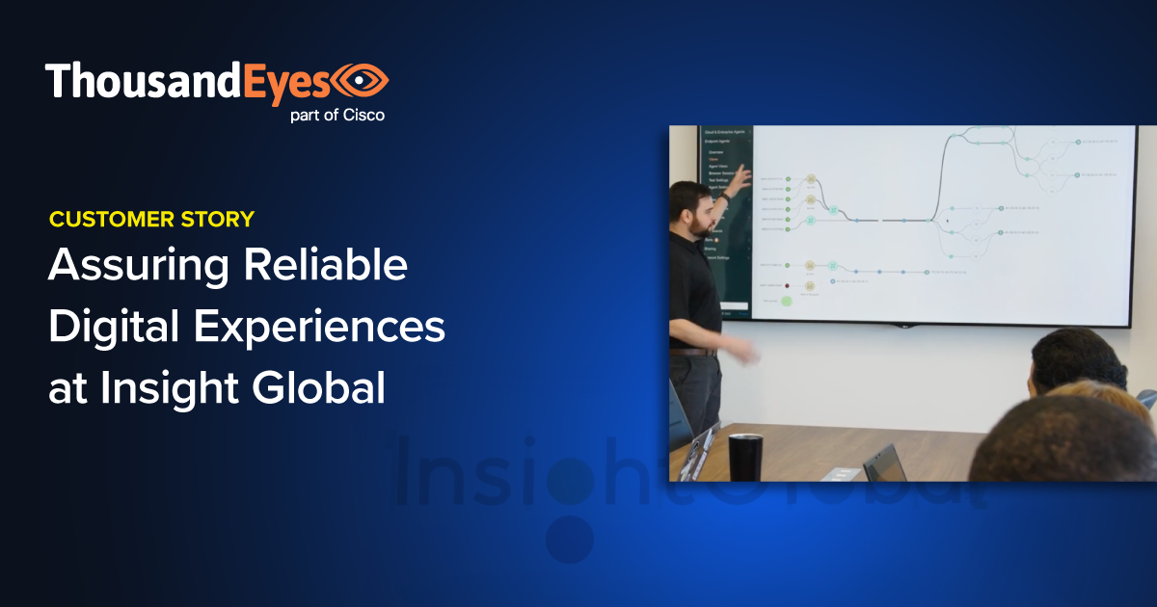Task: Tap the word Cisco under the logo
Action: point(363,116)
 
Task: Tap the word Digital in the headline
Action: point(113,328)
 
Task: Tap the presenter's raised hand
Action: point(742,177)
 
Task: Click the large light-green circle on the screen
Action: point(786,301)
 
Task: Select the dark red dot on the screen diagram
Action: point(787,285)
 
